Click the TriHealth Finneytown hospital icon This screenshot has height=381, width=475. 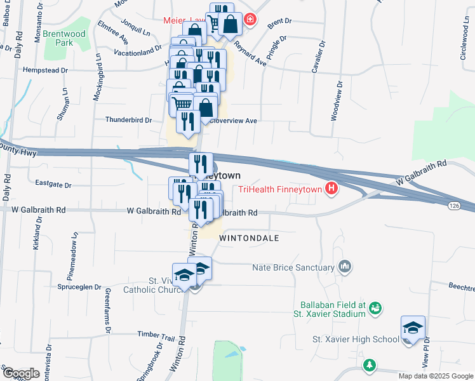[330, 189]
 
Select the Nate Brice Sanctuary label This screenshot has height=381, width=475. [294, 267]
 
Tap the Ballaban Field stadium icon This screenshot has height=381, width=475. [375, 309]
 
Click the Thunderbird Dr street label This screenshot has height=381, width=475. [129, 119]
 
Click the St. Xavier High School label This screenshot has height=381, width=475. [355, 339]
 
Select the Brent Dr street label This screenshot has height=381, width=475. [279, 22]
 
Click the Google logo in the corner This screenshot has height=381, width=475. [20, 373]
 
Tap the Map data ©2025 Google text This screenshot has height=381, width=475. [436, 376]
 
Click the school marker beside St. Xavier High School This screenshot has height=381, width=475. [413, 329]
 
